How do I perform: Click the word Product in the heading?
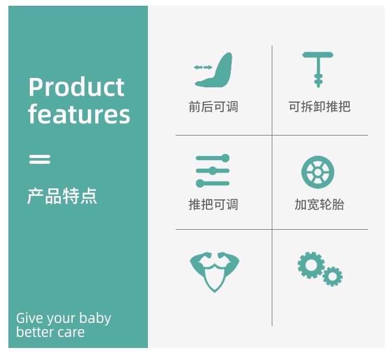click(76, 87)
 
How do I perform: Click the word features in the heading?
click(79, 114)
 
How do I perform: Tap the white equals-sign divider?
click(40, 159)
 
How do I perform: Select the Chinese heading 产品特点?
click(62, 196)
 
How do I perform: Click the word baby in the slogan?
click(95, 319)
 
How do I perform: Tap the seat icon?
click(214, 70)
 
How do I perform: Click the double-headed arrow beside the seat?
click(203, 67)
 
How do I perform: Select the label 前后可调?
click(213, 107)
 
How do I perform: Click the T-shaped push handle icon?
click(318, 70)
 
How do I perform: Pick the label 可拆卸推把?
click(319, 107)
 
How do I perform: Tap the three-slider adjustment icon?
click(213, 171)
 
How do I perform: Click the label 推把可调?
click(213, 204)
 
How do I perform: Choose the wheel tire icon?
click(318, 172)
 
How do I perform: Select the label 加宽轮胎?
click(319, 204)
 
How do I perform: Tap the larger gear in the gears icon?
click(311, 265)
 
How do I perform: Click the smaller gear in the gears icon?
click(332, 276)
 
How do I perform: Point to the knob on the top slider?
click(225, 158)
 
